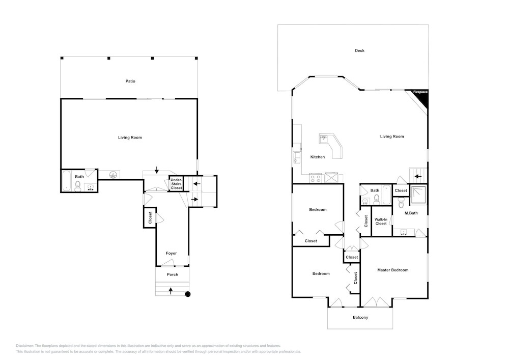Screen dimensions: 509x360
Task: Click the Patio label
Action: click(130, 81)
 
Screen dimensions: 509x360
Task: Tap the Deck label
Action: click(360, 50)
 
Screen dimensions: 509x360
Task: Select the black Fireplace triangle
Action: click(421, 98)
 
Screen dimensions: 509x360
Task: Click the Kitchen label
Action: click(318, 157)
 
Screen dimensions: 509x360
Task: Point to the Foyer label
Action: click(172, 253)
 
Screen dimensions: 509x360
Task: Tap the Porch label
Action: click(173, 274)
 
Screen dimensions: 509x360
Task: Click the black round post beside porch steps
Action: click(188, 294)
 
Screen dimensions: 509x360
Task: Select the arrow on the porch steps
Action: click(171, 291)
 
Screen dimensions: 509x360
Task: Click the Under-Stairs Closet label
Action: click(176, 184)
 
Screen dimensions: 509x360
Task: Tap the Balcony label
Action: click(360, 317)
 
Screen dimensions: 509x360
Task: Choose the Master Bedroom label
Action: click(393, 270)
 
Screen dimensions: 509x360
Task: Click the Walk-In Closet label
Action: click(381, 221)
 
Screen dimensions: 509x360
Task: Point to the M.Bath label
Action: click(411, 213)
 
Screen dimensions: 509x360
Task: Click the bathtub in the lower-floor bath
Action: click(67, 180)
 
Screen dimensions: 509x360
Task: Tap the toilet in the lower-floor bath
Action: click(78, 186)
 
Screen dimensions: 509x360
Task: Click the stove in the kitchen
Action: click(316, 178)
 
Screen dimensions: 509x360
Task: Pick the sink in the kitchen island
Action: click(324, 139)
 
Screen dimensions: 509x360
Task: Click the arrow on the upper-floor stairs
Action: click(418, 177)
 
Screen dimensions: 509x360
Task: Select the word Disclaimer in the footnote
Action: click(24, 346)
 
